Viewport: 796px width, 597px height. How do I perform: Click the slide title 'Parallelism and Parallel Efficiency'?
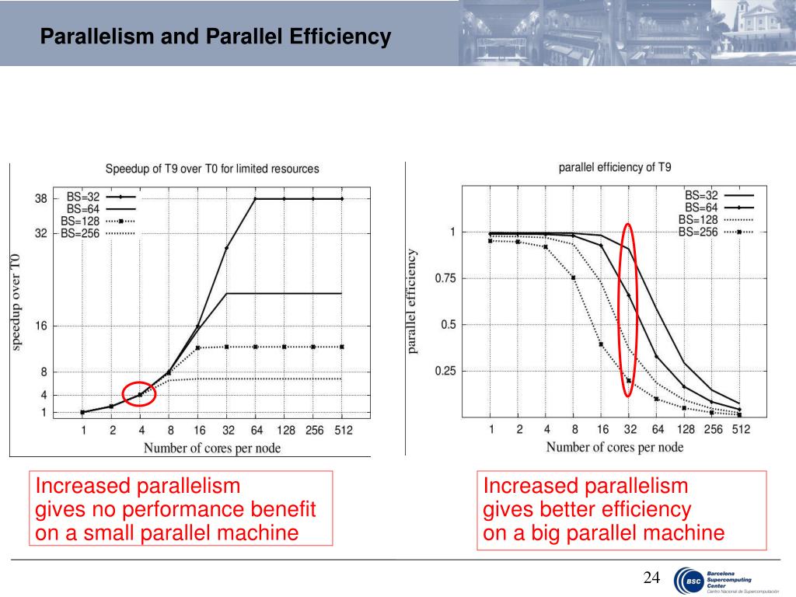tap(215, 37)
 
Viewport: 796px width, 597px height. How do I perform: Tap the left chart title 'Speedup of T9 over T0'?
tap(211, 169)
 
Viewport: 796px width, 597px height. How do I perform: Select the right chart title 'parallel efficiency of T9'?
tap(615, 167)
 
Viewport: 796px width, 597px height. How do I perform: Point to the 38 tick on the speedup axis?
tap(40, 199)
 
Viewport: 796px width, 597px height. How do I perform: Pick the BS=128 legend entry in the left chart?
tap(83, 221)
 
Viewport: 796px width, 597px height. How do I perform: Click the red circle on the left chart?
tap(140, 394)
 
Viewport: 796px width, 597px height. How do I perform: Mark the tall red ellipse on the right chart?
tap(628, 310)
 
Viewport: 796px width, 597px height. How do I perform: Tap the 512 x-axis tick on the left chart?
tap(343, 431)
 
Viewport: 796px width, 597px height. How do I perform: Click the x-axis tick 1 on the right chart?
tap(491, 430)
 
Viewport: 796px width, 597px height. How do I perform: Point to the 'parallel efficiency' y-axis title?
tap(413, 302)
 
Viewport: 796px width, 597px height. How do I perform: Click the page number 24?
tap(651, 578)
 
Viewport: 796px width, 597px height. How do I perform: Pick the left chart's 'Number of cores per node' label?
tap(211, 448)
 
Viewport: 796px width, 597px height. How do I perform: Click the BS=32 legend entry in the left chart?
tap(83, 197)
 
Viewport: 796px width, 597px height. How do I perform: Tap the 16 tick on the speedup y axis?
tap(40, 326)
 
